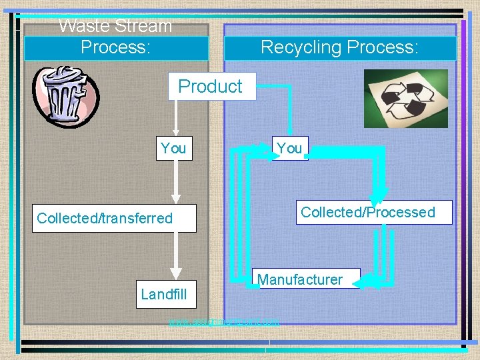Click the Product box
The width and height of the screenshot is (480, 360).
coord(211,86)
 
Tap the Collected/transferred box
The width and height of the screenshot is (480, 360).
coord(115,218)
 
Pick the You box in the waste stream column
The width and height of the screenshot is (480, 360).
coord(173,148)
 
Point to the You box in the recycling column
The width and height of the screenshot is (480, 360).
coord(289,147)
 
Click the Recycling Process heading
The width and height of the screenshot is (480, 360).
coord(339,47)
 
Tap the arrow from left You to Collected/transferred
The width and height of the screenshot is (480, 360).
coord(176,182)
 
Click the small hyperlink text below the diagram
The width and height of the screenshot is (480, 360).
coord(224,323)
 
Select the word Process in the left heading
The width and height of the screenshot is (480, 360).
coord(115,47)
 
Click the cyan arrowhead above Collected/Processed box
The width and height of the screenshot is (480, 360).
coord(386,190)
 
